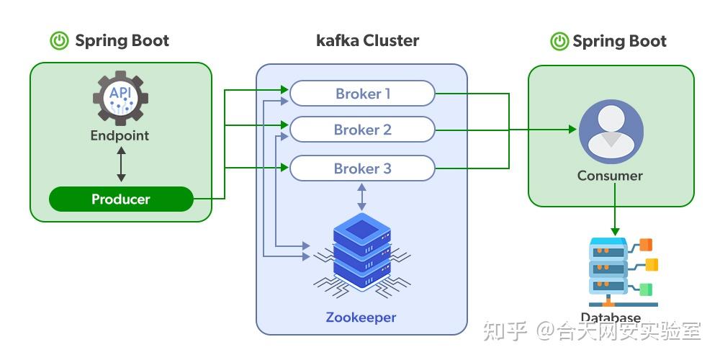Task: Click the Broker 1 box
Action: coord(362,94)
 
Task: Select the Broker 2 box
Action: coord(362,130)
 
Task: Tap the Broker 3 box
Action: coord(362,168)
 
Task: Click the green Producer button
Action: coord(121,199)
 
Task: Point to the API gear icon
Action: coord(120,99)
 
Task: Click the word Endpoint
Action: coord(120,135)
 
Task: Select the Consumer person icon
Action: coord(611,132)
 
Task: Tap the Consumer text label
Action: coord(610,175)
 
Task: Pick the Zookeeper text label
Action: coord(361,317)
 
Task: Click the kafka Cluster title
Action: coord(367,40)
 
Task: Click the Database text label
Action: coord(610,318)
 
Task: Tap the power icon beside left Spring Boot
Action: coord(59,41)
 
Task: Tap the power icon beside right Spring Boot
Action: coord(559,41)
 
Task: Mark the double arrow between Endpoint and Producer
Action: coord(121,165)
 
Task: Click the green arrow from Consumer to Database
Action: coord(614,209)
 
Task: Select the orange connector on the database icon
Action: coord(646,244)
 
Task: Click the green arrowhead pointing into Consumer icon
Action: coord(572,130)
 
